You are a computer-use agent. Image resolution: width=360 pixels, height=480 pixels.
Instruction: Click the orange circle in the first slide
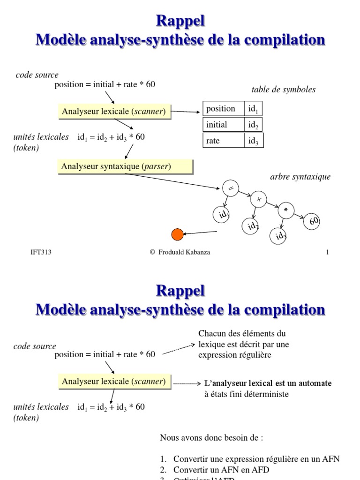[x=178, y=234]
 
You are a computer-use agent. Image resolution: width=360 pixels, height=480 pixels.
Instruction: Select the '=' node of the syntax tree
[x=230, y=188]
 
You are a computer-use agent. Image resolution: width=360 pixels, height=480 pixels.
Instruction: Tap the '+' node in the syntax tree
[x=258, y=200]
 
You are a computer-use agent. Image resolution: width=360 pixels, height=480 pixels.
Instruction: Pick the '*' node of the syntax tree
[x=285, y=211]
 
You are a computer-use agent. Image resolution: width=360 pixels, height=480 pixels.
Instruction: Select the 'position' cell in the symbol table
[x=224, y=109]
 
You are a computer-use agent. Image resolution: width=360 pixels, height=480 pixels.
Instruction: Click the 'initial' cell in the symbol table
[x=224, y=125]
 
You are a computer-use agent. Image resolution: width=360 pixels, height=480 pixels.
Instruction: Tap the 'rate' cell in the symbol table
[x=224, y=141]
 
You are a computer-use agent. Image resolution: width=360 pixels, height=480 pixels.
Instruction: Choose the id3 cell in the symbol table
[x=254, y=141]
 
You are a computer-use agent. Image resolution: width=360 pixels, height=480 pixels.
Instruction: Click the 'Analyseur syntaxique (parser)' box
[x=125, y=166]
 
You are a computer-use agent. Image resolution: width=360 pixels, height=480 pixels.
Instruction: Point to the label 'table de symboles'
[x=284, y=90]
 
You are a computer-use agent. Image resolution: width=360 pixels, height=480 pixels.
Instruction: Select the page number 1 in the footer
[x=328, y=252]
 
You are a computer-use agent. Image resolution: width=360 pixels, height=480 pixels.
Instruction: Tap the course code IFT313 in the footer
[x=41, y=252]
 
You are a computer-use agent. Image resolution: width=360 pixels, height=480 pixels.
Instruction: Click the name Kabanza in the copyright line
[x=197, y=252]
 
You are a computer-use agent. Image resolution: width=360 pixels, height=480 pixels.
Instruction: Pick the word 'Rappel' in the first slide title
[x=180, y=22]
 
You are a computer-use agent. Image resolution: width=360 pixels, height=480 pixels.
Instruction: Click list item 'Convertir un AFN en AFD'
[x=221, y=469]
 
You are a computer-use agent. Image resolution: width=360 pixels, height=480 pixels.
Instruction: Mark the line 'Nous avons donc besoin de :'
[x=211, y=438]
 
